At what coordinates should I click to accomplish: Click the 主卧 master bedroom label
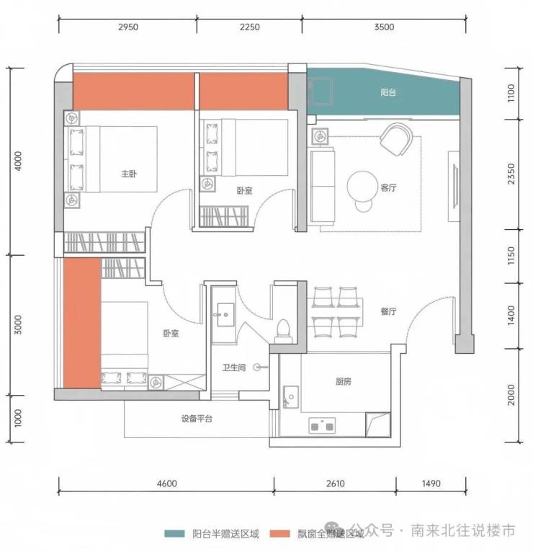(129, 174)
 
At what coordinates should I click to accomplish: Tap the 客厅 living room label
(388, 187)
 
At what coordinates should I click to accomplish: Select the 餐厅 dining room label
(388, 311)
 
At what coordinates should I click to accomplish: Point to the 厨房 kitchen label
(344, 381)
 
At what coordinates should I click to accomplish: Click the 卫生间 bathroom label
(234, 368)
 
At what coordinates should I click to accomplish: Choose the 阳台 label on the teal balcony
(388, 92)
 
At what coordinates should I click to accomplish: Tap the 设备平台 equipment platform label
(197, 419)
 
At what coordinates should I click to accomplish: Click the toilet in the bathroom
(283, 331)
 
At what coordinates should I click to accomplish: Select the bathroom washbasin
(225, 314)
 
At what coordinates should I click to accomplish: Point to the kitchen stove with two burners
(322, 426)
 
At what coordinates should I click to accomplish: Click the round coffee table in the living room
(362, 187)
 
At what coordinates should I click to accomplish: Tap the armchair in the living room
(397, 139)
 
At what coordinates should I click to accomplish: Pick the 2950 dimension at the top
(128, 27)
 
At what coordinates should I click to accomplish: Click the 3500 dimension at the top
(384, 27)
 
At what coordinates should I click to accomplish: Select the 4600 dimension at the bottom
(167, 484)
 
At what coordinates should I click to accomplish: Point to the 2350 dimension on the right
(511, 174)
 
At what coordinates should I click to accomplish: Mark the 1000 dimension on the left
(18, 418)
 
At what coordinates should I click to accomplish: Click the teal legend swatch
(174, 533)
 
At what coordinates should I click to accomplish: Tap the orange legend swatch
(280, 533)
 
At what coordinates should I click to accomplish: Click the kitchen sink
(291, 397)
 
